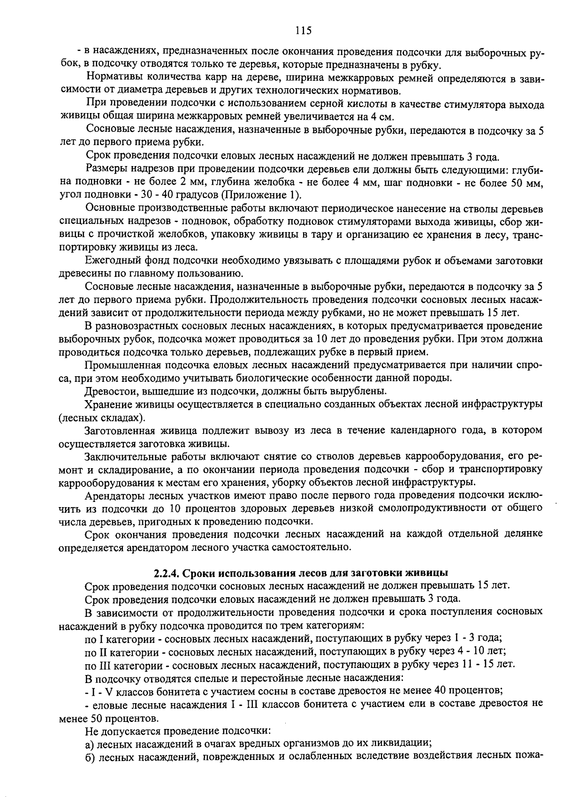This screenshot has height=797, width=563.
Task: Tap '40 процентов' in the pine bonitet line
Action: click(476, 691)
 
